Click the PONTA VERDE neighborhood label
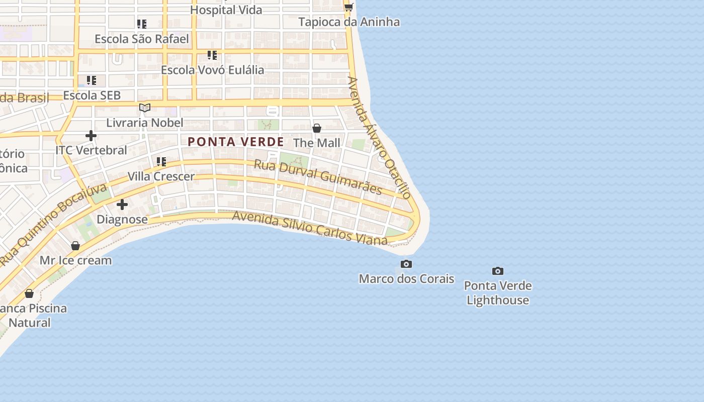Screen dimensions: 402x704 (236, 142)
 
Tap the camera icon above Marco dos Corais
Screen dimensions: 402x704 (406, 264)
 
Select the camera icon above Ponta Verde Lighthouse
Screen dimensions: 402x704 (498, 271)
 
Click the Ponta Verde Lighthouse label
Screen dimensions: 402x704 (498, 293)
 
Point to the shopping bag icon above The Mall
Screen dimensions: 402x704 (317, 128)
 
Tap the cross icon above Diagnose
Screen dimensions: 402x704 (122, 205)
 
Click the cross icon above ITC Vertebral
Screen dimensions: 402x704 (91, 135)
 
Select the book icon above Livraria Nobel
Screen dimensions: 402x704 (145, 108)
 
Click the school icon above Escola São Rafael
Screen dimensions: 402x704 (142, 24)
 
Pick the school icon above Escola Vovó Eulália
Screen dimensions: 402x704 (212, 55)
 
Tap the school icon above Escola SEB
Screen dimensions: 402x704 (92, 80)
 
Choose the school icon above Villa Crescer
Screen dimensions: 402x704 (161, 161)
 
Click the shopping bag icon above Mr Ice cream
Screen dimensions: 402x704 (75, 246)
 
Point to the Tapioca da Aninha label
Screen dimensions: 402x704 (349, 22)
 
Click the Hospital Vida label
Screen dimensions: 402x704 (226, 10)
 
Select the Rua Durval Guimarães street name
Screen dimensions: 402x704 (318, 177)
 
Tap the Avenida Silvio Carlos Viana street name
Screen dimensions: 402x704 (310, 228)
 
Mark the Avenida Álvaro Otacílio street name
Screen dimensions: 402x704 (379, 137)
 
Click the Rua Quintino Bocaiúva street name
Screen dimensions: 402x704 (54, 225)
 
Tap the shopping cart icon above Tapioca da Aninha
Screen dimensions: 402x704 (348, 7)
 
